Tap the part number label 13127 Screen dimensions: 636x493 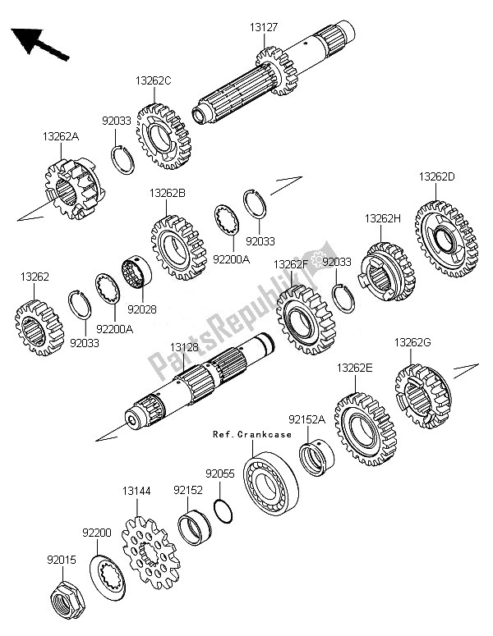[x=264, y=27]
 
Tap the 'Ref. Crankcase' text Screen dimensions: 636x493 [x=252, y=434]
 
